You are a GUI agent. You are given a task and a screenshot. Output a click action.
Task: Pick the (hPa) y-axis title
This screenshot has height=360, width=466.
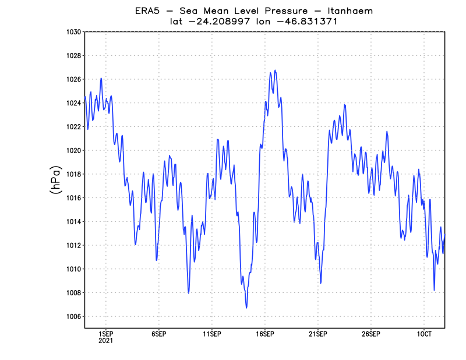click(56, 180)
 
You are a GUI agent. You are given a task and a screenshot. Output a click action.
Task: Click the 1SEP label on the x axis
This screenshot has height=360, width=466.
click(105, 334)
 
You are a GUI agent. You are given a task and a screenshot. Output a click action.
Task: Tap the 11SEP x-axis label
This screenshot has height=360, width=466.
click(211, 334)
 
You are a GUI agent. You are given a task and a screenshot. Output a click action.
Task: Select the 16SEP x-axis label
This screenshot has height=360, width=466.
click(265, 334)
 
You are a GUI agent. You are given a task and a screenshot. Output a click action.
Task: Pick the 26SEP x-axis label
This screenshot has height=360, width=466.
click(371, 334)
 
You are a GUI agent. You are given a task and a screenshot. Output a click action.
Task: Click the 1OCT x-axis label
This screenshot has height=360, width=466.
click(423, 334)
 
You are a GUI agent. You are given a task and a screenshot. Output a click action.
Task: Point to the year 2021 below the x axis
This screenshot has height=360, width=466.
click(105, 341)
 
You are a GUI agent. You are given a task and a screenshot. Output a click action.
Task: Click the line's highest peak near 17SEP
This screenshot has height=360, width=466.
click(275, 70)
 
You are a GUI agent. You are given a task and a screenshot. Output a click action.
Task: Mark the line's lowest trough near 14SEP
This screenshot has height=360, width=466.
click(246, 308)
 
